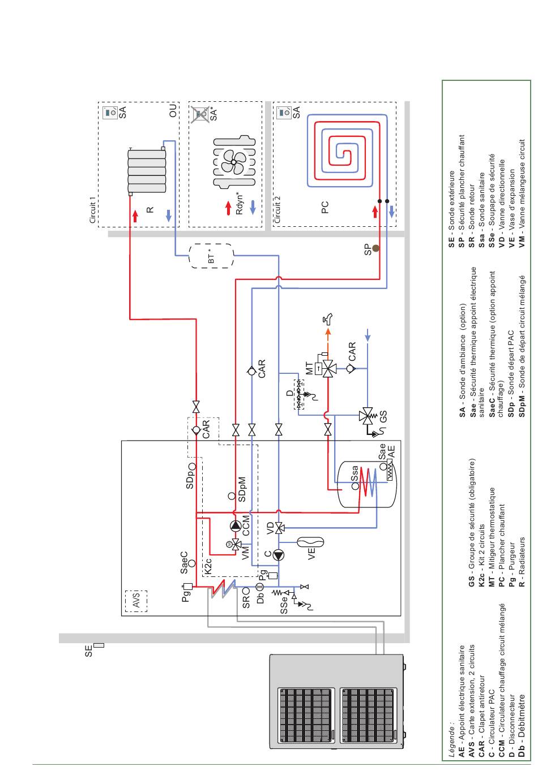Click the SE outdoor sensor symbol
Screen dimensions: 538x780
click(x=99, y=645)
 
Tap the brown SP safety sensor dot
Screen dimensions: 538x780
click(x=375, y=248)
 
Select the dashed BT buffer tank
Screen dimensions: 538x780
click(x=211, y=256)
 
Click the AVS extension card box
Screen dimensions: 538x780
click(x=136, y=601)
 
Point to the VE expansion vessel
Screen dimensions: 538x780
click(x=310, y=542)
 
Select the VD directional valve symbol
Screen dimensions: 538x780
click(x=279, y=528)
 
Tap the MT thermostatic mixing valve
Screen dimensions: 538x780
click(x=328, y=368)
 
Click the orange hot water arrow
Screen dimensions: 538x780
click(x=328, y=335)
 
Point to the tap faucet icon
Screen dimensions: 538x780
click(x=327, y=318)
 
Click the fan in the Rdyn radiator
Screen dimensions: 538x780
click(x=233, y=162)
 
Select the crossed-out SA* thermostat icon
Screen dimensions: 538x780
click(x=200, y=114)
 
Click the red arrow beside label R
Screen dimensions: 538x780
click(x=135, y=216)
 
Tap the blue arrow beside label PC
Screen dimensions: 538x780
click(x=391, y=212)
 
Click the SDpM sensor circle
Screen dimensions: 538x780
click(x=232, y=496)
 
